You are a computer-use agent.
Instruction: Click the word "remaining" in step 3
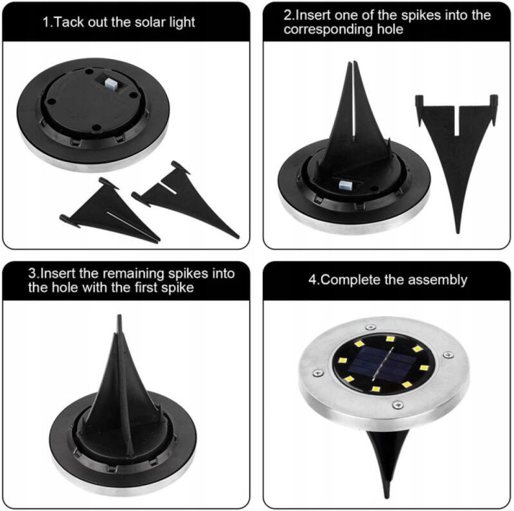[x=136, y=273]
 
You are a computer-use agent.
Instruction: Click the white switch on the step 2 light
[x=344, y=185]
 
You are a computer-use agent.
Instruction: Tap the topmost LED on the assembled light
[x=390, y=339]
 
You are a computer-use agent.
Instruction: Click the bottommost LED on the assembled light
[x=376, y=390]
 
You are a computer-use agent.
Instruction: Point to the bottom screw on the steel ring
[x=398, y=405]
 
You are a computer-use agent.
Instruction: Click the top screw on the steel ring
[x=371, y=327]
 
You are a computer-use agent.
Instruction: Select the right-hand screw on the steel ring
[x=448, y=355]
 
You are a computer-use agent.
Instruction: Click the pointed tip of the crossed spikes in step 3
[x=120, y=316]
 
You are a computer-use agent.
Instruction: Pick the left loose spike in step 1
[x=108, y=211]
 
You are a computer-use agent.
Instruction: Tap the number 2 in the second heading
[x=287, y=15]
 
